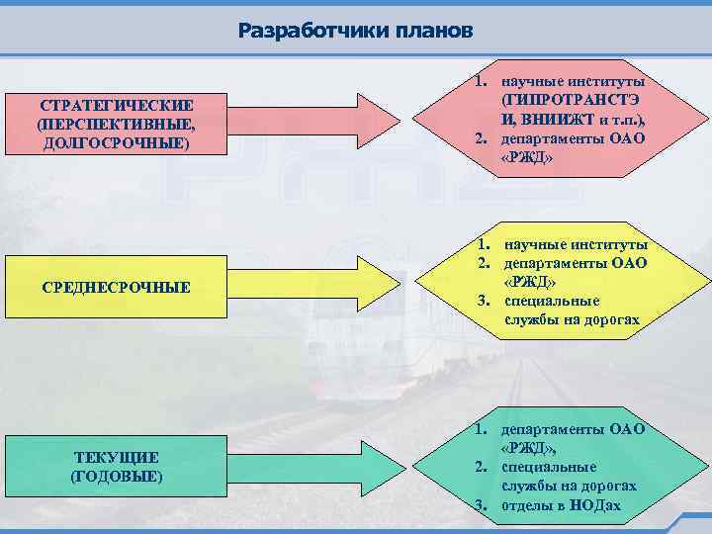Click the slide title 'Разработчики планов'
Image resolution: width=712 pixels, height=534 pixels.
tap(356, 31)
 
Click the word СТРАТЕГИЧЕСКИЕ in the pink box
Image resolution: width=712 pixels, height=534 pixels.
tap(117, 106)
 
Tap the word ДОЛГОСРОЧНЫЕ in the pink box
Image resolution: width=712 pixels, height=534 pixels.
tap(117, 143)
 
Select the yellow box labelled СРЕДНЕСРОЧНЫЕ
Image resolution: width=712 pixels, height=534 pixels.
tap(117, 287)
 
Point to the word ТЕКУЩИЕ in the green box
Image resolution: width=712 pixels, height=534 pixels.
tap(117, 457)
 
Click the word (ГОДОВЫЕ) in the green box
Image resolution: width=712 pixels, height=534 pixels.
tap(117, 476)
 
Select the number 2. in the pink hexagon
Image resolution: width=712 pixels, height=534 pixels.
tap(481, 138)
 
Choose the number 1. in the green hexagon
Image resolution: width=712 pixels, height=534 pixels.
tap(481, 429)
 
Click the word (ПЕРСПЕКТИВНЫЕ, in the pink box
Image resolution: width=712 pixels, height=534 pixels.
tap(117, 125)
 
